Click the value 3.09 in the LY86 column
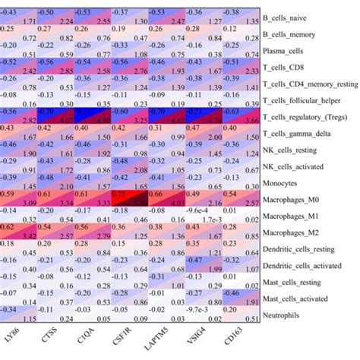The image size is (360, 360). tap(30, 204)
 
